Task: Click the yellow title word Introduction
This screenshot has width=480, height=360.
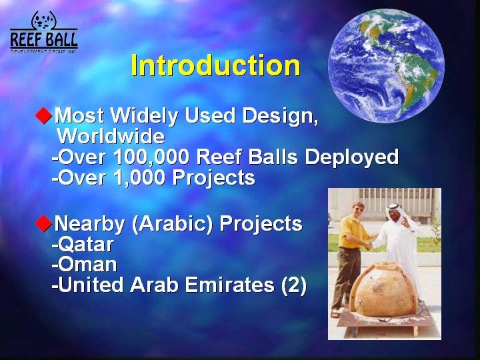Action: coord(215,65)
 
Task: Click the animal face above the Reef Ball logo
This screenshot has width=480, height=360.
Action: coord(44,21)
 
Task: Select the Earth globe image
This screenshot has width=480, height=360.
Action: coord(386,65)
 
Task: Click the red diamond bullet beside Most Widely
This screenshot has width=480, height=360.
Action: coord(44,115)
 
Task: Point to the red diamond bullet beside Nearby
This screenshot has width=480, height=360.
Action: coord(44,223)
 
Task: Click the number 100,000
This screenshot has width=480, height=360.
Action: coord(151,157)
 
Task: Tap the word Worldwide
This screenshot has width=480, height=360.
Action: coord(111,136)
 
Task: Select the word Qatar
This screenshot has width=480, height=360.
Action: coord(86,245)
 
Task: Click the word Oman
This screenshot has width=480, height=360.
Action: coord(87,265)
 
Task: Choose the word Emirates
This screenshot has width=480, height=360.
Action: coord(229,285)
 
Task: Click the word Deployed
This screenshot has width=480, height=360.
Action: coord(351,157)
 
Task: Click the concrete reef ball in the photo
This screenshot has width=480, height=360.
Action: coord(383,290)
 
